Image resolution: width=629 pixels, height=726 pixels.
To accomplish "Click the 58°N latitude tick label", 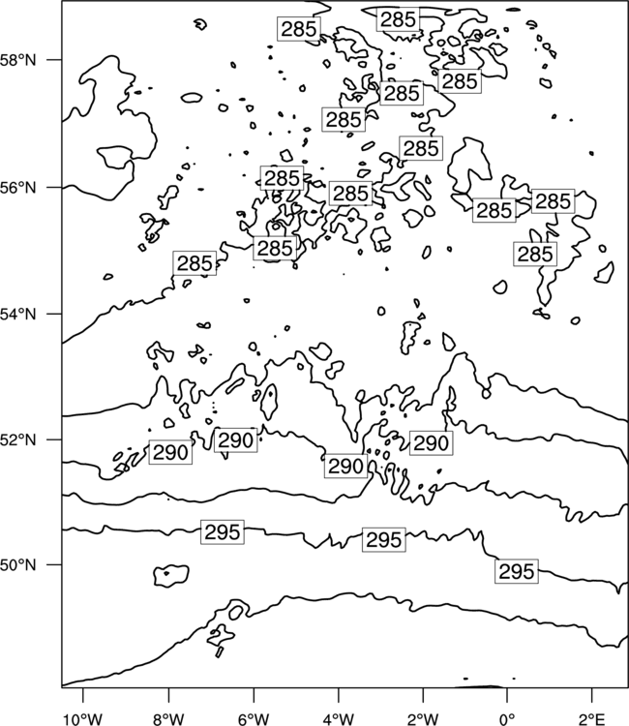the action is (x=18, y=60).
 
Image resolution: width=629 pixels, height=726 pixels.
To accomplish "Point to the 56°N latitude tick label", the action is (x=18, y=188).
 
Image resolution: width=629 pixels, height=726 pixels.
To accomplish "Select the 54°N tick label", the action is (x=18, y=315).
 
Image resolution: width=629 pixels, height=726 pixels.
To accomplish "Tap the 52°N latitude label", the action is (x=18, y=439).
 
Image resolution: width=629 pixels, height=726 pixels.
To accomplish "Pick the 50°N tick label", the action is (x=18, y=565).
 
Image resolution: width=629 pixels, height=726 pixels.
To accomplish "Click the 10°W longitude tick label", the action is (x=83, y=719).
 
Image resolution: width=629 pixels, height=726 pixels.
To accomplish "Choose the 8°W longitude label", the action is (x=168, y=719).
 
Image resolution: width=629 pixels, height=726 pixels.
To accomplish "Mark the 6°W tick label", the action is (x=254, y=719).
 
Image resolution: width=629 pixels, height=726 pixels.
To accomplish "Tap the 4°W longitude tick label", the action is (x=339, y=719).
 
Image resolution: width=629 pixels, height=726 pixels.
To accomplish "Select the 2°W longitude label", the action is (x=423, y=719).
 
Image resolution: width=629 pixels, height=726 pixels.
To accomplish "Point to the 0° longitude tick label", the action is (x=508, y=719).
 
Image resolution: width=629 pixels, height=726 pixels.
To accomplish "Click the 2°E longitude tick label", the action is (x=591, y=719).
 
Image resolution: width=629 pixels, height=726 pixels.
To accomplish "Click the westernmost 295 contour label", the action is (x=223, y=532).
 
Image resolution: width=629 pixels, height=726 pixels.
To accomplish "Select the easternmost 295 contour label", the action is (x=517, y=571).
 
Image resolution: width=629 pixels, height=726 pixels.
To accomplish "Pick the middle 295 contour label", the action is (x=384, y=539).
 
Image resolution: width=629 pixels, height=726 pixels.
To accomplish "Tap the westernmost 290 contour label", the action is (x=170, y=452).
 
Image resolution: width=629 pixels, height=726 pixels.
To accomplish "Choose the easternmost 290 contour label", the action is (x=431, y=443).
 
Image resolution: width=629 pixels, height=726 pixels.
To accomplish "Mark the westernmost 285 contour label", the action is (x=195, y=263).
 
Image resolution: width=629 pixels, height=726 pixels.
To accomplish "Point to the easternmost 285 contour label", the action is (x=553, y=201).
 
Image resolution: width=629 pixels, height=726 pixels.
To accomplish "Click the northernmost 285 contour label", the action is (x=398, y=19).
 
